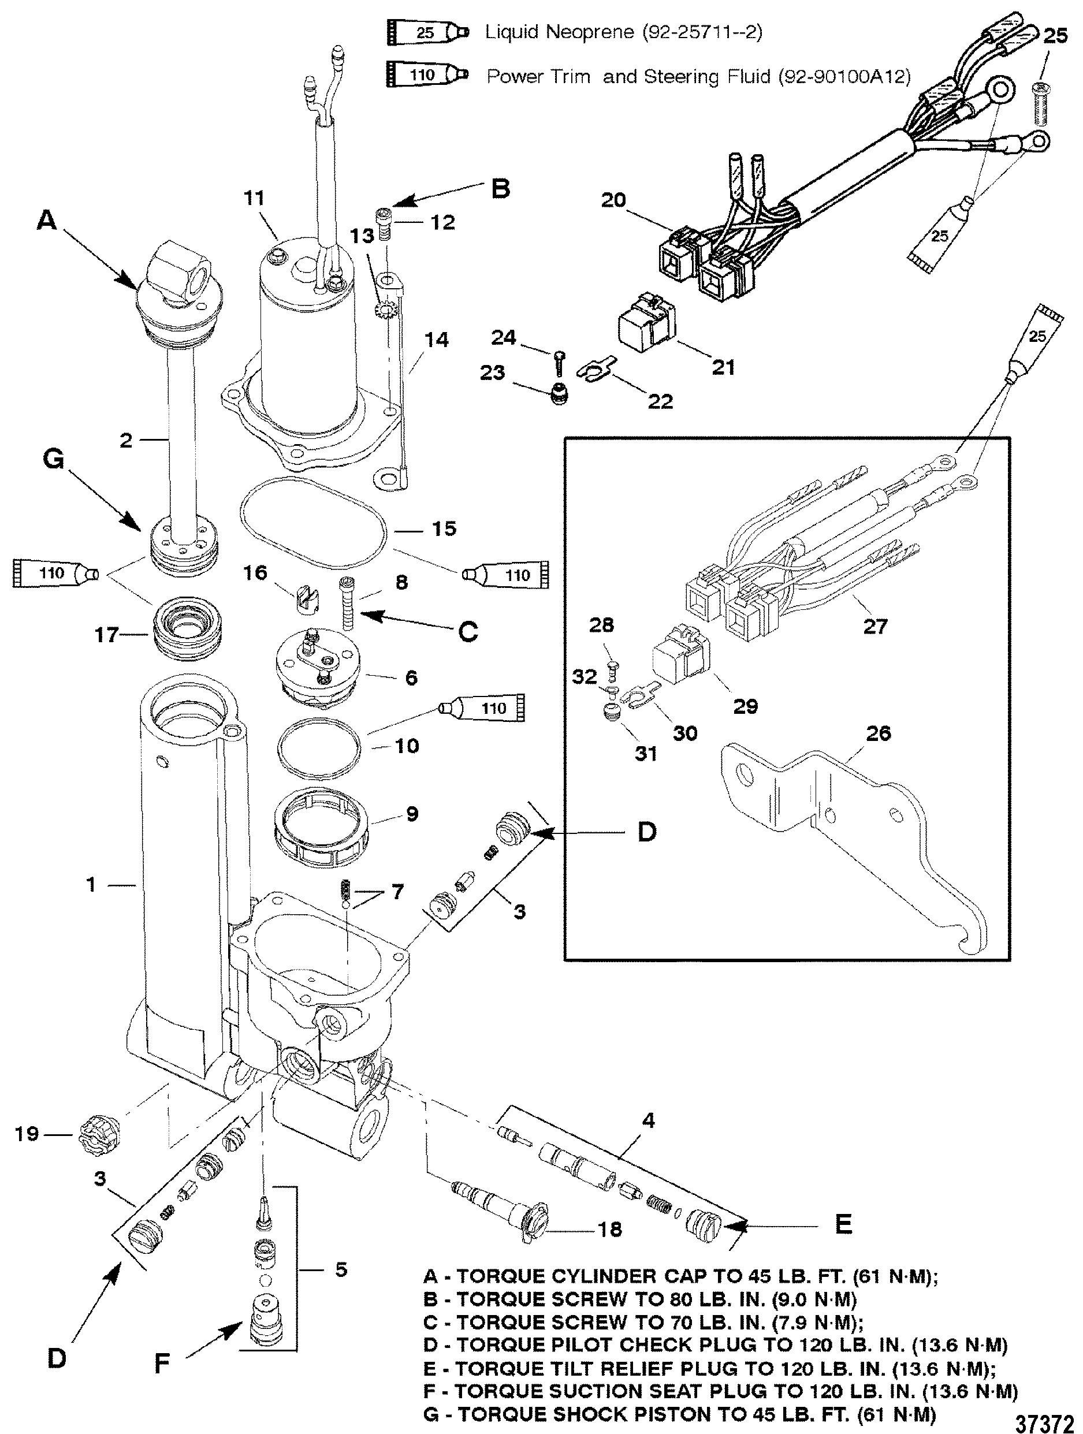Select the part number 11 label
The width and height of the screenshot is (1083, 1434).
point(255,198)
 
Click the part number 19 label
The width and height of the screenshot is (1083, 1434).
point(27,1133)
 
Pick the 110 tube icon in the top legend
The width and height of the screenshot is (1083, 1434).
point(428,75)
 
